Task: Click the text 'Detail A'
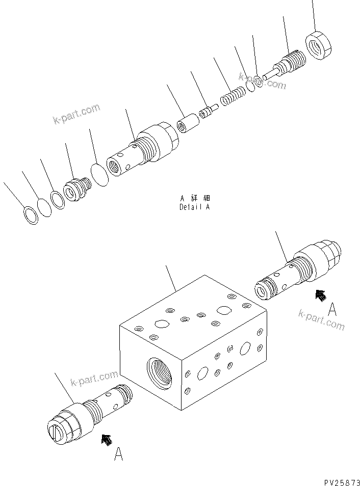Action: point(194,207)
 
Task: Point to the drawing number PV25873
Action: point(341,480)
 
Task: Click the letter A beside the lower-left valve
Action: point(118,454)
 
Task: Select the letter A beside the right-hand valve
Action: point(332,309)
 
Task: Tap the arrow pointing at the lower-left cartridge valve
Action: point(107,439)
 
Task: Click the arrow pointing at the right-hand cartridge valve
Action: point(320,295)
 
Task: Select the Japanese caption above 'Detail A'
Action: point(195,198)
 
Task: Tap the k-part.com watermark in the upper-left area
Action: point(76,114)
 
